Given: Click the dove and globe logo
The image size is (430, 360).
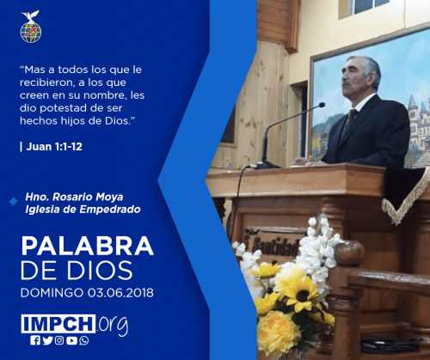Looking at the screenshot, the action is [x=31, y=27].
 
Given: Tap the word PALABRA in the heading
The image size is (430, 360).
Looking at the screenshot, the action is [x=88, y=246].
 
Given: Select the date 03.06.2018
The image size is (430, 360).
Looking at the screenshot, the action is [x=120, y=293].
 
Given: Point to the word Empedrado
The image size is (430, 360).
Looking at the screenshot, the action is [x=110, y=210].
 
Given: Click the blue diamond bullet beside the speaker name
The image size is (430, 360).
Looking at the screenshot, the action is [x=14, y=201].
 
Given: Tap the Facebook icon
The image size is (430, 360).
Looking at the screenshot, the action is [x=35, y=340].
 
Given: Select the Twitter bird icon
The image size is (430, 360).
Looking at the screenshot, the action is [x=47, y=340].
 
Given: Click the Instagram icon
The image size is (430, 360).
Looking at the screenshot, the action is [x=59, y=340].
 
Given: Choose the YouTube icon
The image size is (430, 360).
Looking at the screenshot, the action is [x=71, y=340].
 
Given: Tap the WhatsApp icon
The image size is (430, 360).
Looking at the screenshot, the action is [x=84, y=340].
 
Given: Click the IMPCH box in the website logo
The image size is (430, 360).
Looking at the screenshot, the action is [x=58, y=324].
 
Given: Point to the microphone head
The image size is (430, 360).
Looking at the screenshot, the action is [x=322, y=105].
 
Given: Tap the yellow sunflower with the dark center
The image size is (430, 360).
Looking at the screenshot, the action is [x=301, y=294].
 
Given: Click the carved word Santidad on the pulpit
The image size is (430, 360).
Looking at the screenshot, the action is [x=275, y=247].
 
